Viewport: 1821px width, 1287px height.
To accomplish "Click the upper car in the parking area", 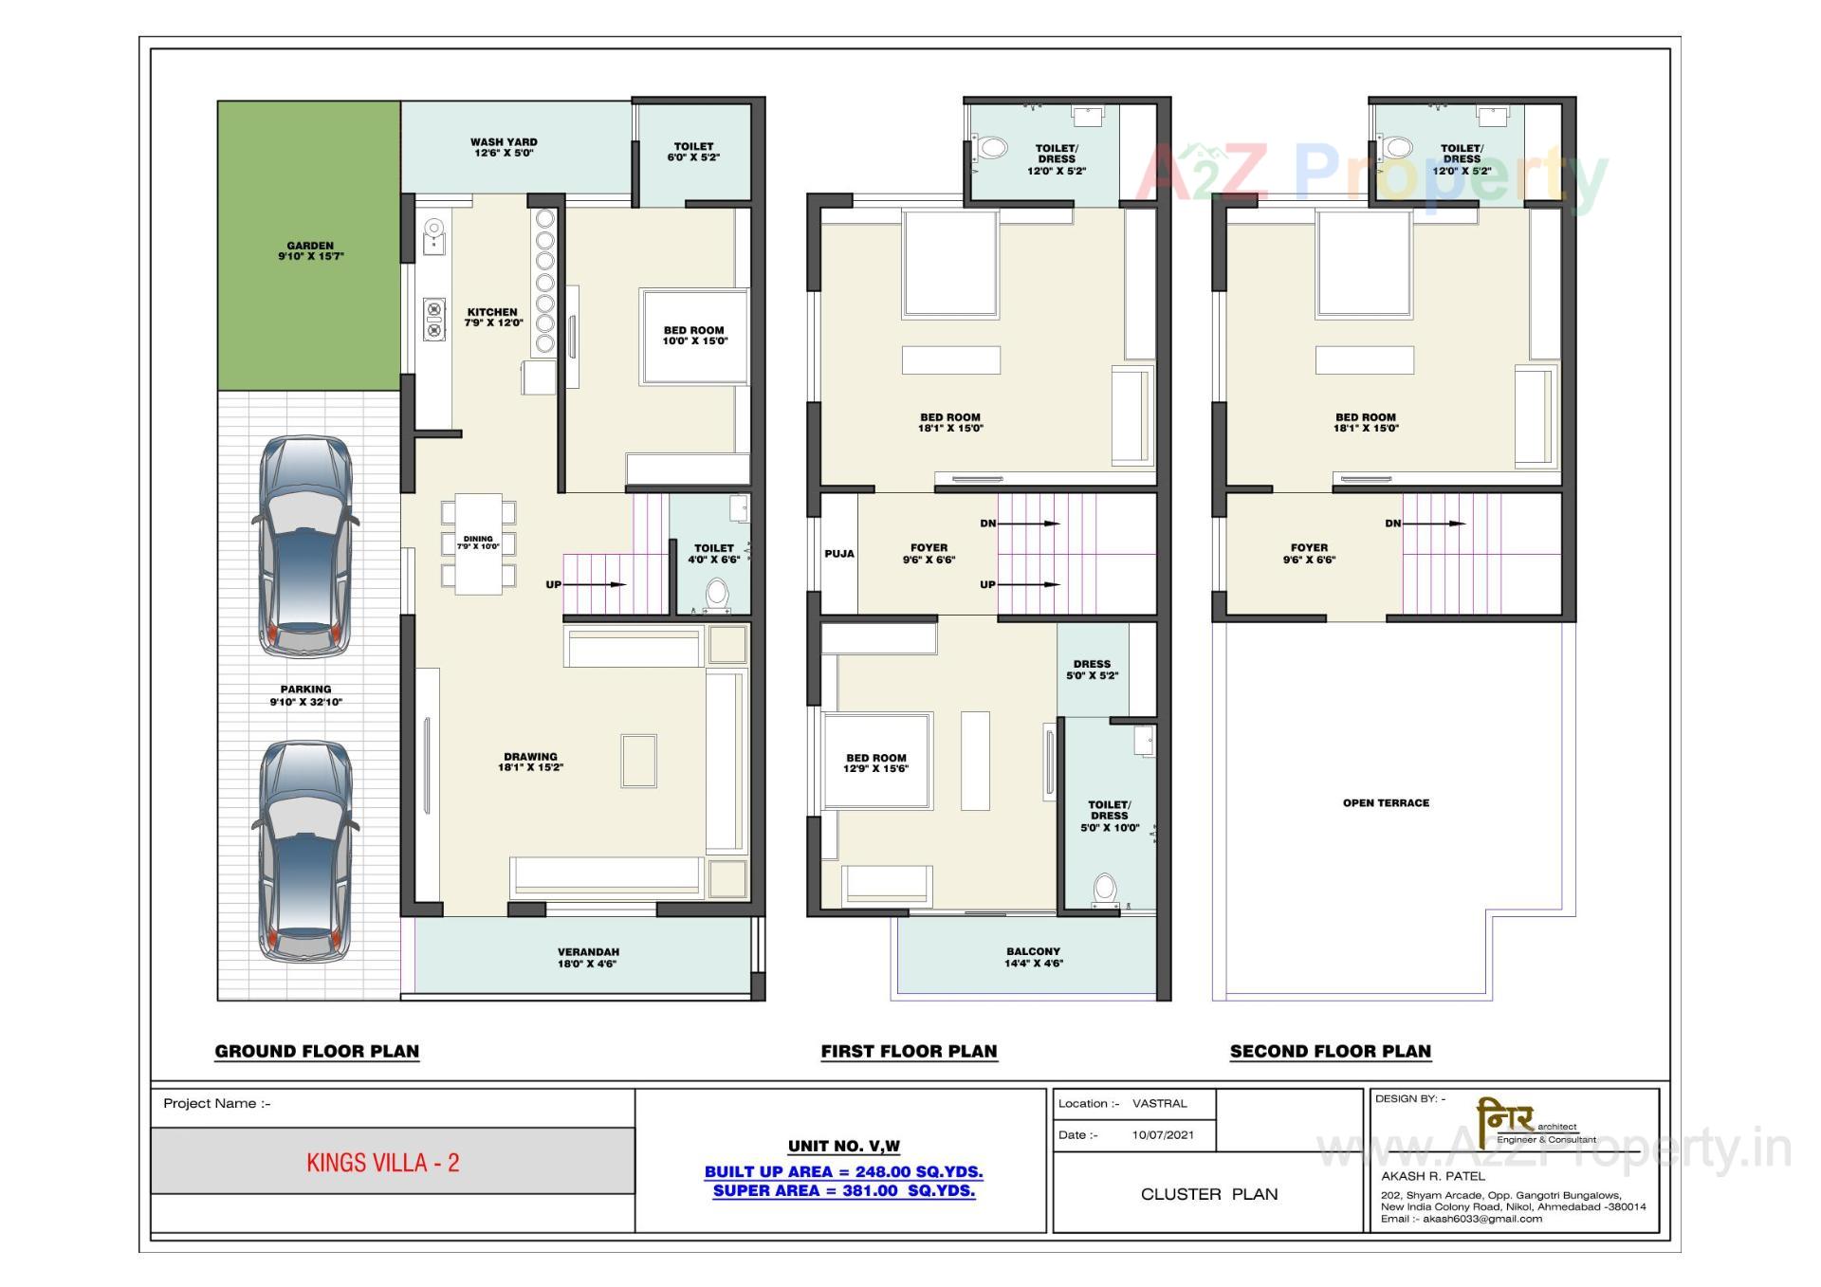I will click(305, 547).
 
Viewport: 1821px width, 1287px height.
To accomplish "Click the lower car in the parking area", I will click(305, 851).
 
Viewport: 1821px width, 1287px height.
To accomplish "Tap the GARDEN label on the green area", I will click(310, 250).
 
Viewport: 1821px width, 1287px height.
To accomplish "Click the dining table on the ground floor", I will click(478, 543).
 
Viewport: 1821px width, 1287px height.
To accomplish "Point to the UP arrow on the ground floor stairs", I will click(594, 584).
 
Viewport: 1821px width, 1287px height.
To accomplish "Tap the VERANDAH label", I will click(588, 957).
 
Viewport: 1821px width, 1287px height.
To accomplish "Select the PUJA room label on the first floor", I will click(838, 554).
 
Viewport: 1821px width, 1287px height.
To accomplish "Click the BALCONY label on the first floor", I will click(1033, 957).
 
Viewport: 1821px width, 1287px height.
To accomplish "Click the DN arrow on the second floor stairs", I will click(1432, 524).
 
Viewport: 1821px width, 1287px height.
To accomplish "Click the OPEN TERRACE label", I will click(1386, 802).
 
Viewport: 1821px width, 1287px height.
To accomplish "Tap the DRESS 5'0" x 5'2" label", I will click(1092, 670).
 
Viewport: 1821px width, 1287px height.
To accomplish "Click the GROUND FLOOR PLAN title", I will click(317, 1051).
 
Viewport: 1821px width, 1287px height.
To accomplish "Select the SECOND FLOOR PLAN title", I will click(1330, 1051).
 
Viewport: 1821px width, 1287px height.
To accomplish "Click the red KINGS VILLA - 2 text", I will click(382, 1163).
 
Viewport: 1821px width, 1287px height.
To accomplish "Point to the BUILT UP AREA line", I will click(843, 1171).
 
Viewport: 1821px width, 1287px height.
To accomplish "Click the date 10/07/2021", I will click(1162, 1134).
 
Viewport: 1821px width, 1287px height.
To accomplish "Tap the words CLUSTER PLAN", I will click(1208, 1194).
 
